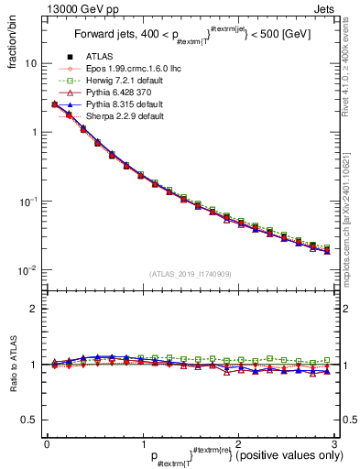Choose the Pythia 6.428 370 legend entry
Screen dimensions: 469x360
tap(109, 93)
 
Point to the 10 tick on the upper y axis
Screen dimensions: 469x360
tap(30, 64)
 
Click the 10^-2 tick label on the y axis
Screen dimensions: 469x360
tap(27, 270)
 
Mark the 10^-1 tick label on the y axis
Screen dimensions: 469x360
tap(27, 202)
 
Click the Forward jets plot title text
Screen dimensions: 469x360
tap(188, 36)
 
